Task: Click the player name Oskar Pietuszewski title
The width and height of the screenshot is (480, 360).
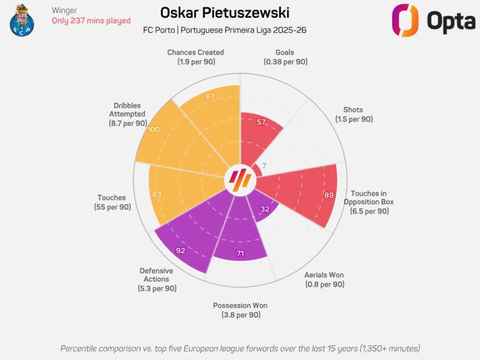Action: (x=225, y=12)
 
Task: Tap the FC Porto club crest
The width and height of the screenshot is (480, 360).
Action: (x=21, y=20)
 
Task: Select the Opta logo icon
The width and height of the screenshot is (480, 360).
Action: (x=405, y=20)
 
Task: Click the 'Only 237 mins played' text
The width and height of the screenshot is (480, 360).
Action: (x=91, y=21)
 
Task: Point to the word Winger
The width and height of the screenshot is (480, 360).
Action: (x=65, y=10)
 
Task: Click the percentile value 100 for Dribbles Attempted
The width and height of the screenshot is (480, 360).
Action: (x=154, y=130)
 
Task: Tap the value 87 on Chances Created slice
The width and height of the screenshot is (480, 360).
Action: (x=210, y=97)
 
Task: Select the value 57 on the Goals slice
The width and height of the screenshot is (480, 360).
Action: (x=261, y=122)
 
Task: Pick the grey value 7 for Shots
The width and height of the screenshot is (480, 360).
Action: (x=263, y=165)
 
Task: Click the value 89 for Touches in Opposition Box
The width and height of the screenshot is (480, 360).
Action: (x=329, y=195)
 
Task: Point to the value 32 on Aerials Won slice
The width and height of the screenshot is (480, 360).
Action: (x=265, y=209)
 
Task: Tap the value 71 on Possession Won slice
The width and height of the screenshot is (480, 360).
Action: (x=240, y=253)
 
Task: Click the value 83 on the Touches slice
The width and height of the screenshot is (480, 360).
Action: (x=156, y=195)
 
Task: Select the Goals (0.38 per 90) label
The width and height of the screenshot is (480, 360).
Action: (x=285, y=57)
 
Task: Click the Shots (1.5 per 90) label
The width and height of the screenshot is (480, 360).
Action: (x=354, y=115)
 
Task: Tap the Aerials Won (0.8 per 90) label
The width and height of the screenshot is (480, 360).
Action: (x=324, y=279)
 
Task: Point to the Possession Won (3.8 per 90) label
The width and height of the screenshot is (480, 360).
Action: (x=240, y=310)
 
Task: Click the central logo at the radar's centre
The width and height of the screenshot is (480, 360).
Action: (x=240, y=180)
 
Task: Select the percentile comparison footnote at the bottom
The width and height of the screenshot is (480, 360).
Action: (x=240, y=348)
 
